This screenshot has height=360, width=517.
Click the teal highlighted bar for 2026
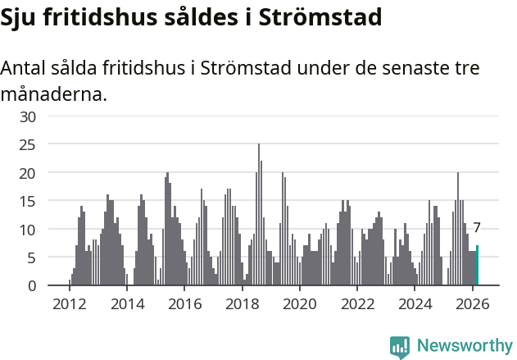tap(478, 266)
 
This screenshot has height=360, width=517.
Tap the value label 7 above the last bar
tap(477, 229)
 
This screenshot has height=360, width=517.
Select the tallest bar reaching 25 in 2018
tap(259, 215)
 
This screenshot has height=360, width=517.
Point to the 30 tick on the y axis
tap(29, 116)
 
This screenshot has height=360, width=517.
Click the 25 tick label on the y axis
tap(29, 145)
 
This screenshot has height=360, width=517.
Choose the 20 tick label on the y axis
tap(29, 173)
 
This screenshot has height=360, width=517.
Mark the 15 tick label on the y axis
tap(29, 202)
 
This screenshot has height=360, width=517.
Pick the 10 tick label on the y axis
tap(29, 230)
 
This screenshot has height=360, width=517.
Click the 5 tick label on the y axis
tap(32, 258)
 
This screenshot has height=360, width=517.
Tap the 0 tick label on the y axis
tap(32, 286)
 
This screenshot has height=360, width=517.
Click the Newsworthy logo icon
tap(400, 347)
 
